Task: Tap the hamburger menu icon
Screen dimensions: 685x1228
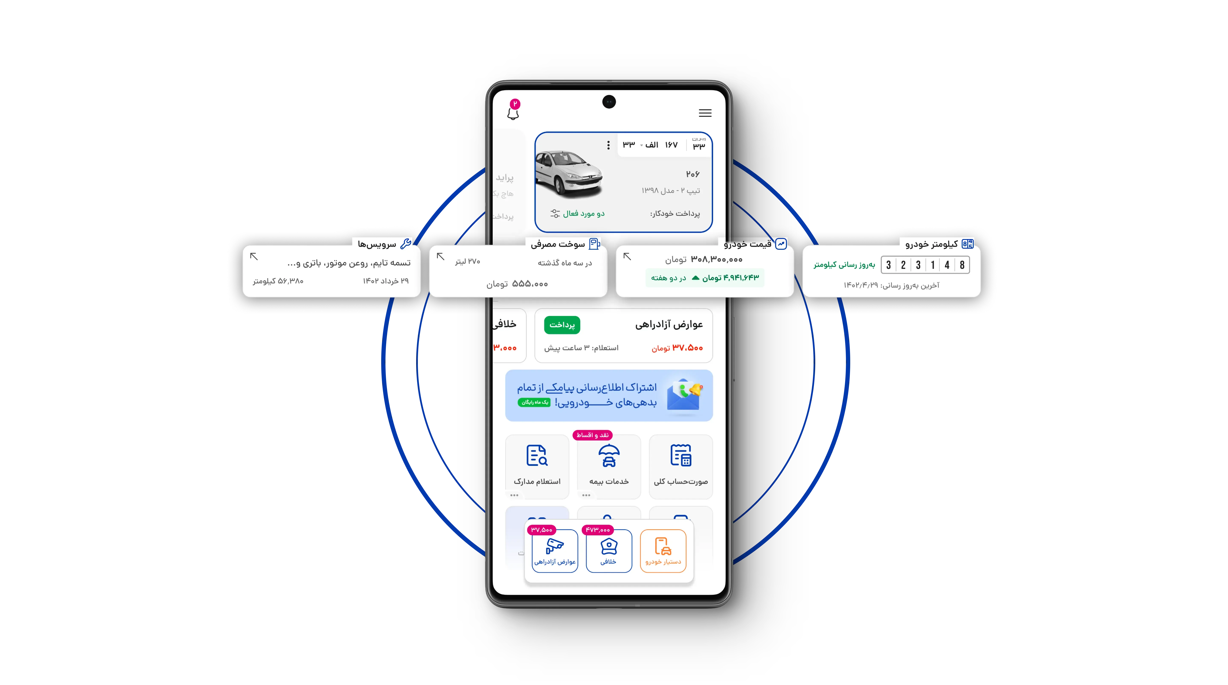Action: pyautogui.click(x=705, y=113)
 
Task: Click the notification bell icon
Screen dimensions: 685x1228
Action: pyautogui.click(x=513, y=113)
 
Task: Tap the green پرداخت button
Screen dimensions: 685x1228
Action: pyautogui.click(x=562, y=325)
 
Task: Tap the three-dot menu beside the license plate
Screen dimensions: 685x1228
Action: pyautogui.click(x=608, y=145)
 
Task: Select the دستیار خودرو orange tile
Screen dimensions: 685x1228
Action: pyautogui.click(x=663, y=550)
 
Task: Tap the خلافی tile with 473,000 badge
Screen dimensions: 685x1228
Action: pyautogui.click(x=609, y=550)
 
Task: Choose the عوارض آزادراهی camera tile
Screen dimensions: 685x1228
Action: pyautogui.click(x=555, y=550)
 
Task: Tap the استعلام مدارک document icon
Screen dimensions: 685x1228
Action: pyautogui.click(x=537, y=456)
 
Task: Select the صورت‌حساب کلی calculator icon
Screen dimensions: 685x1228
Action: pyautogui.click(x=681, y=456)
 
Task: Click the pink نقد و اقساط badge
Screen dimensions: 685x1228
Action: pyautogui.click(x=592, y=435)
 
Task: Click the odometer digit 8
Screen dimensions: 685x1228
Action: pyautogui.click(x=962, y=265)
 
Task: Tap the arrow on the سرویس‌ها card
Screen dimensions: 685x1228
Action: pyautogui.click(x=254, y=256)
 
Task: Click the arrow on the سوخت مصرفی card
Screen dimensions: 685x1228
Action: pyautogui.click(x=440, y=256)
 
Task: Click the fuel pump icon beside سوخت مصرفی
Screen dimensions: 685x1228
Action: pyautogui.click(x=594, y=244)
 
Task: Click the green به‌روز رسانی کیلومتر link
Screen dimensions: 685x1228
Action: pyautogui.click(x=844, y=265)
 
